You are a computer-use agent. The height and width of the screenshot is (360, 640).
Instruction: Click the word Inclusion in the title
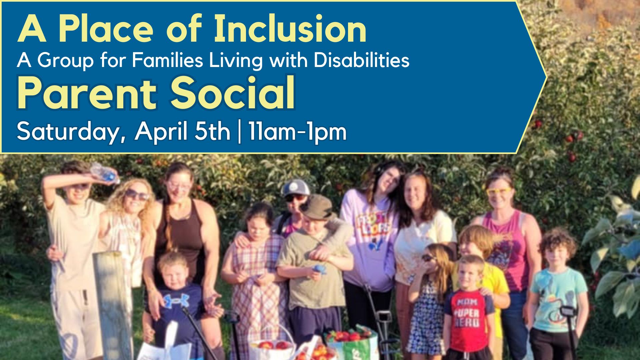point(290,29)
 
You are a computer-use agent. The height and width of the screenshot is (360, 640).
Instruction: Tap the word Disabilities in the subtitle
point(361,60)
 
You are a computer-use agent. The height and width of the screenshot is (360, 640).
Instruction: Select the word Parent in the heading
point(87,94)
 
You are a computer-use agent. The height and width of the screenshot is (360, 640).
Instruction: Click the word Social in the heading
point(233,93)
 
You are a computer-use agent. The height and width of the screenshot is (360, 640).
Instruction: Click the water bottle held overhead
point(105,173)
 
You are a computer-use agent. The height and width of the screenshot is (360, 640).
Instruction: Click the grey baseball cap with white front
point(295,188)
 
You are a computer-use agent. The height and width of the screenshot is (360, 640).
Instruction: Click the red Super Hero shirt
point(468,321)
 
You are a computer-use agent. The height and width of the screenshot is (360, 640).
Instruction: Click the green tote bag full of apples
point(353,343)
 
